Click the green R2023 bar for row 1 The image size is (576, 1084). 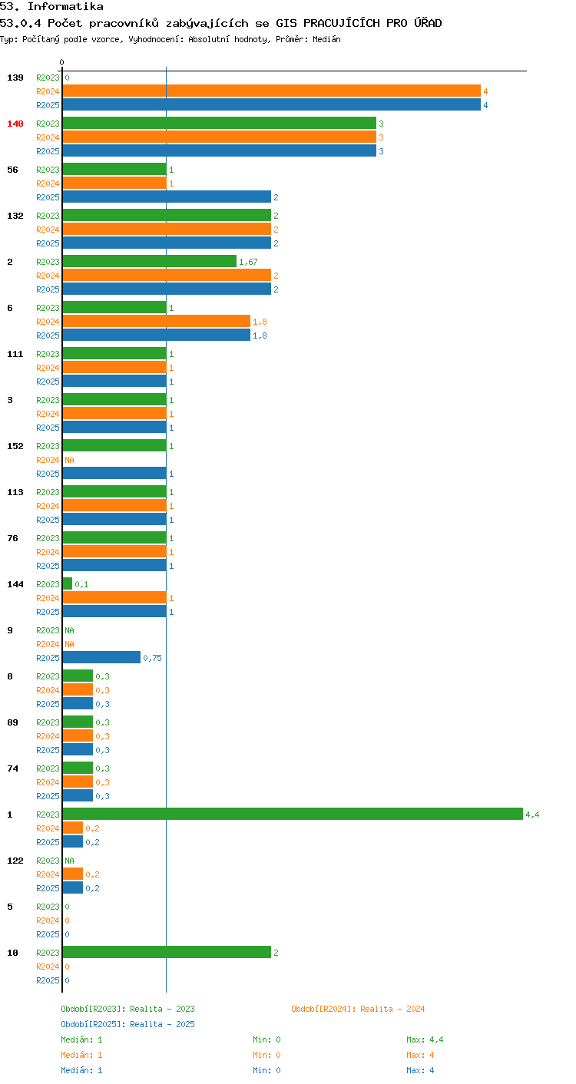293,814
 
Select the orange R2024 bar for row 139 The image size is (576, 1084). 272,91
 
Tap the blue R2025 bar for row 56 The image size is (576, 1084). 167,197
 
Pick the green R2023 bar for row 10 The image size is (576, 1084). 167,952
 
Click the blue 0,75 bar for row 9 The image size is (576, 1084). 101,657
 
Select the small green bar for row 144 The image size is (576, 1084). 68,583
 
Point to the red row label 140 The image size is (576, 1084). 15,124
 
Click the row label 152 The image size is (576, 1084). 15,446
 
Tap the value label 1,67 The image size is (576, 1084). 248,262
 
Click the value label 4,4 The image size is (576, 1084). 532,815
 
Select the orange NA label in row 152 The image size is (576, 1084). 70,460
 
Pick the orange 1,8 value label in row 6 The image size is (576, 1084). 260,322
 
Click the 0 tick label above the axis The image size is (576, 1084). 62,62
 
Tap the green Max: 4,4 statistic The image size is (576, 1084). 425,1039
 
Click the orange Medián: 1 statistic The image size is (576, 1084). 82,1055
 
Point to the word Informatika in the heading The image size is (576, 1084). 65,7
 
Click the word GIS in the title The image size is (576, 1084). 286,23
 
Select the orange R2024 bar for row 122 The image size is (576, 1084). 73,874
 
